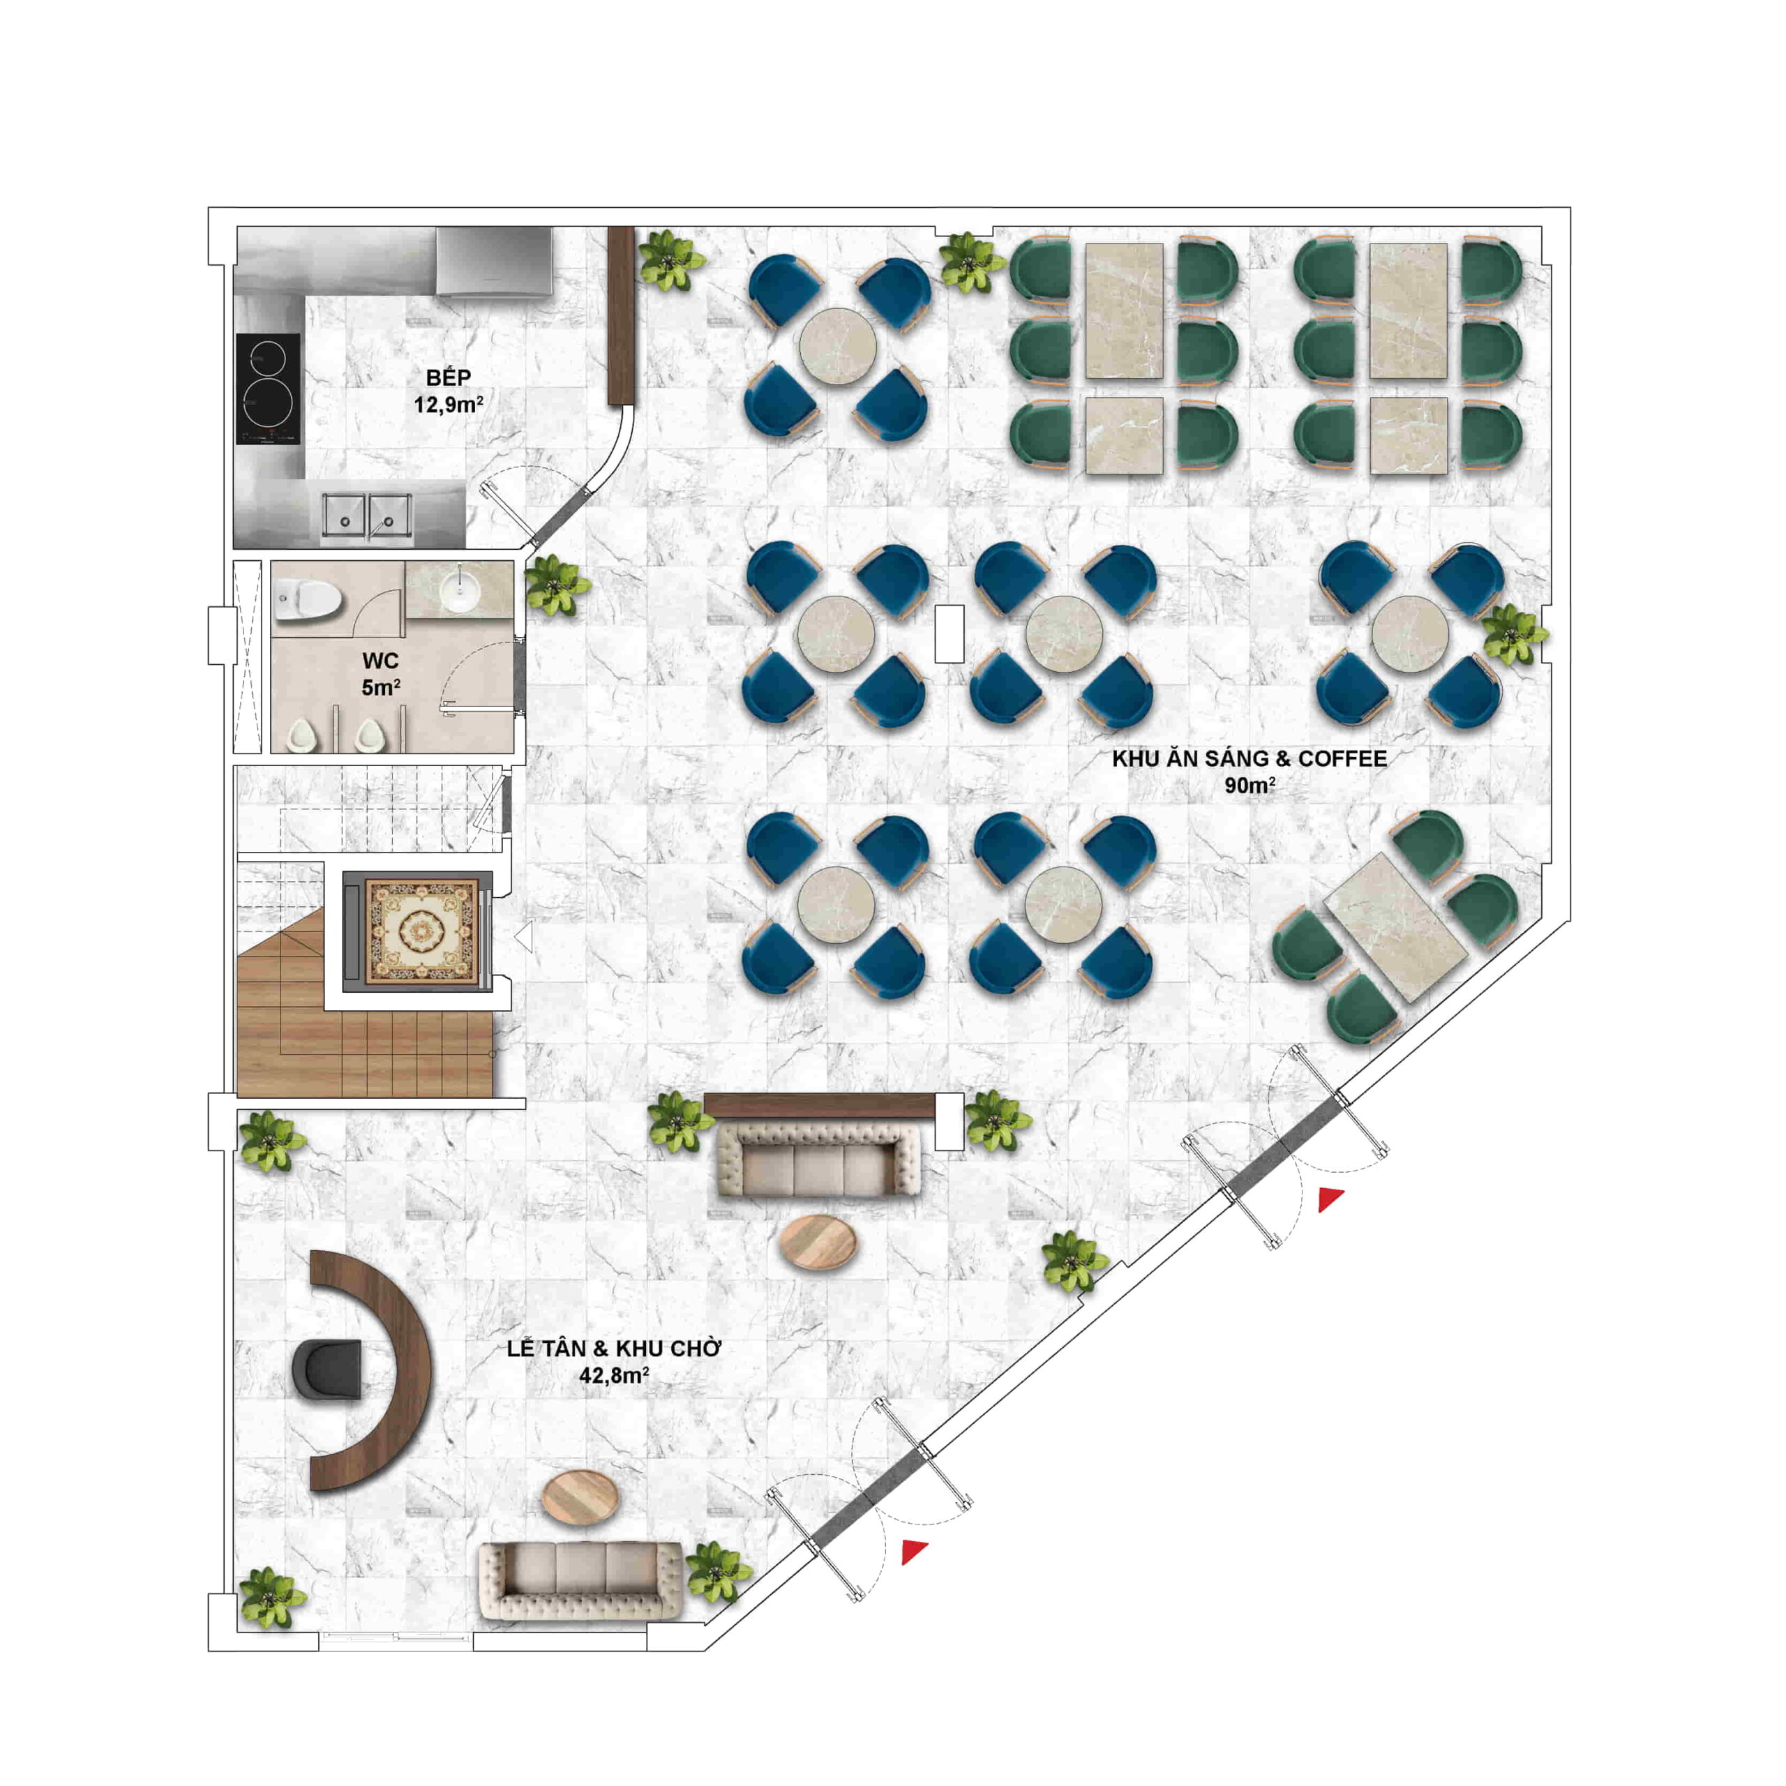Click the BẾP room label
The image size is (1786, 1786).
[x=449, y=377]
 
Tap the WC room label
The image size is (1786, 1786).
[x=380, y=660]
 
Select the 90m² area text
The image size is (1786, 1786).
[x=1250, y=786]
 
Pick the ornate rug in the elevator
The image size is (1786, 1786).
[x=424, y=931]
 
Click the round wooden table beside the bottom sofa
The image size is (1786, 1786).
[x=580, y=1498]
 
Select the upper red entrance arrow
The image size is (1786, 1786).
[x=1330, y=1200]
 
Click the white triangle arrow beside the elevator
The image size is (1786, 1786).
[x=524, y=936]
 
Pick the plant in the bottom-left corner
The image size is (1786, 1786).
[x=271, y=1598]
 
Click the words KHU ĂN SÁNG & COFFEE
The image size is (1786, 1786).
[x=1249, y=759]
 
